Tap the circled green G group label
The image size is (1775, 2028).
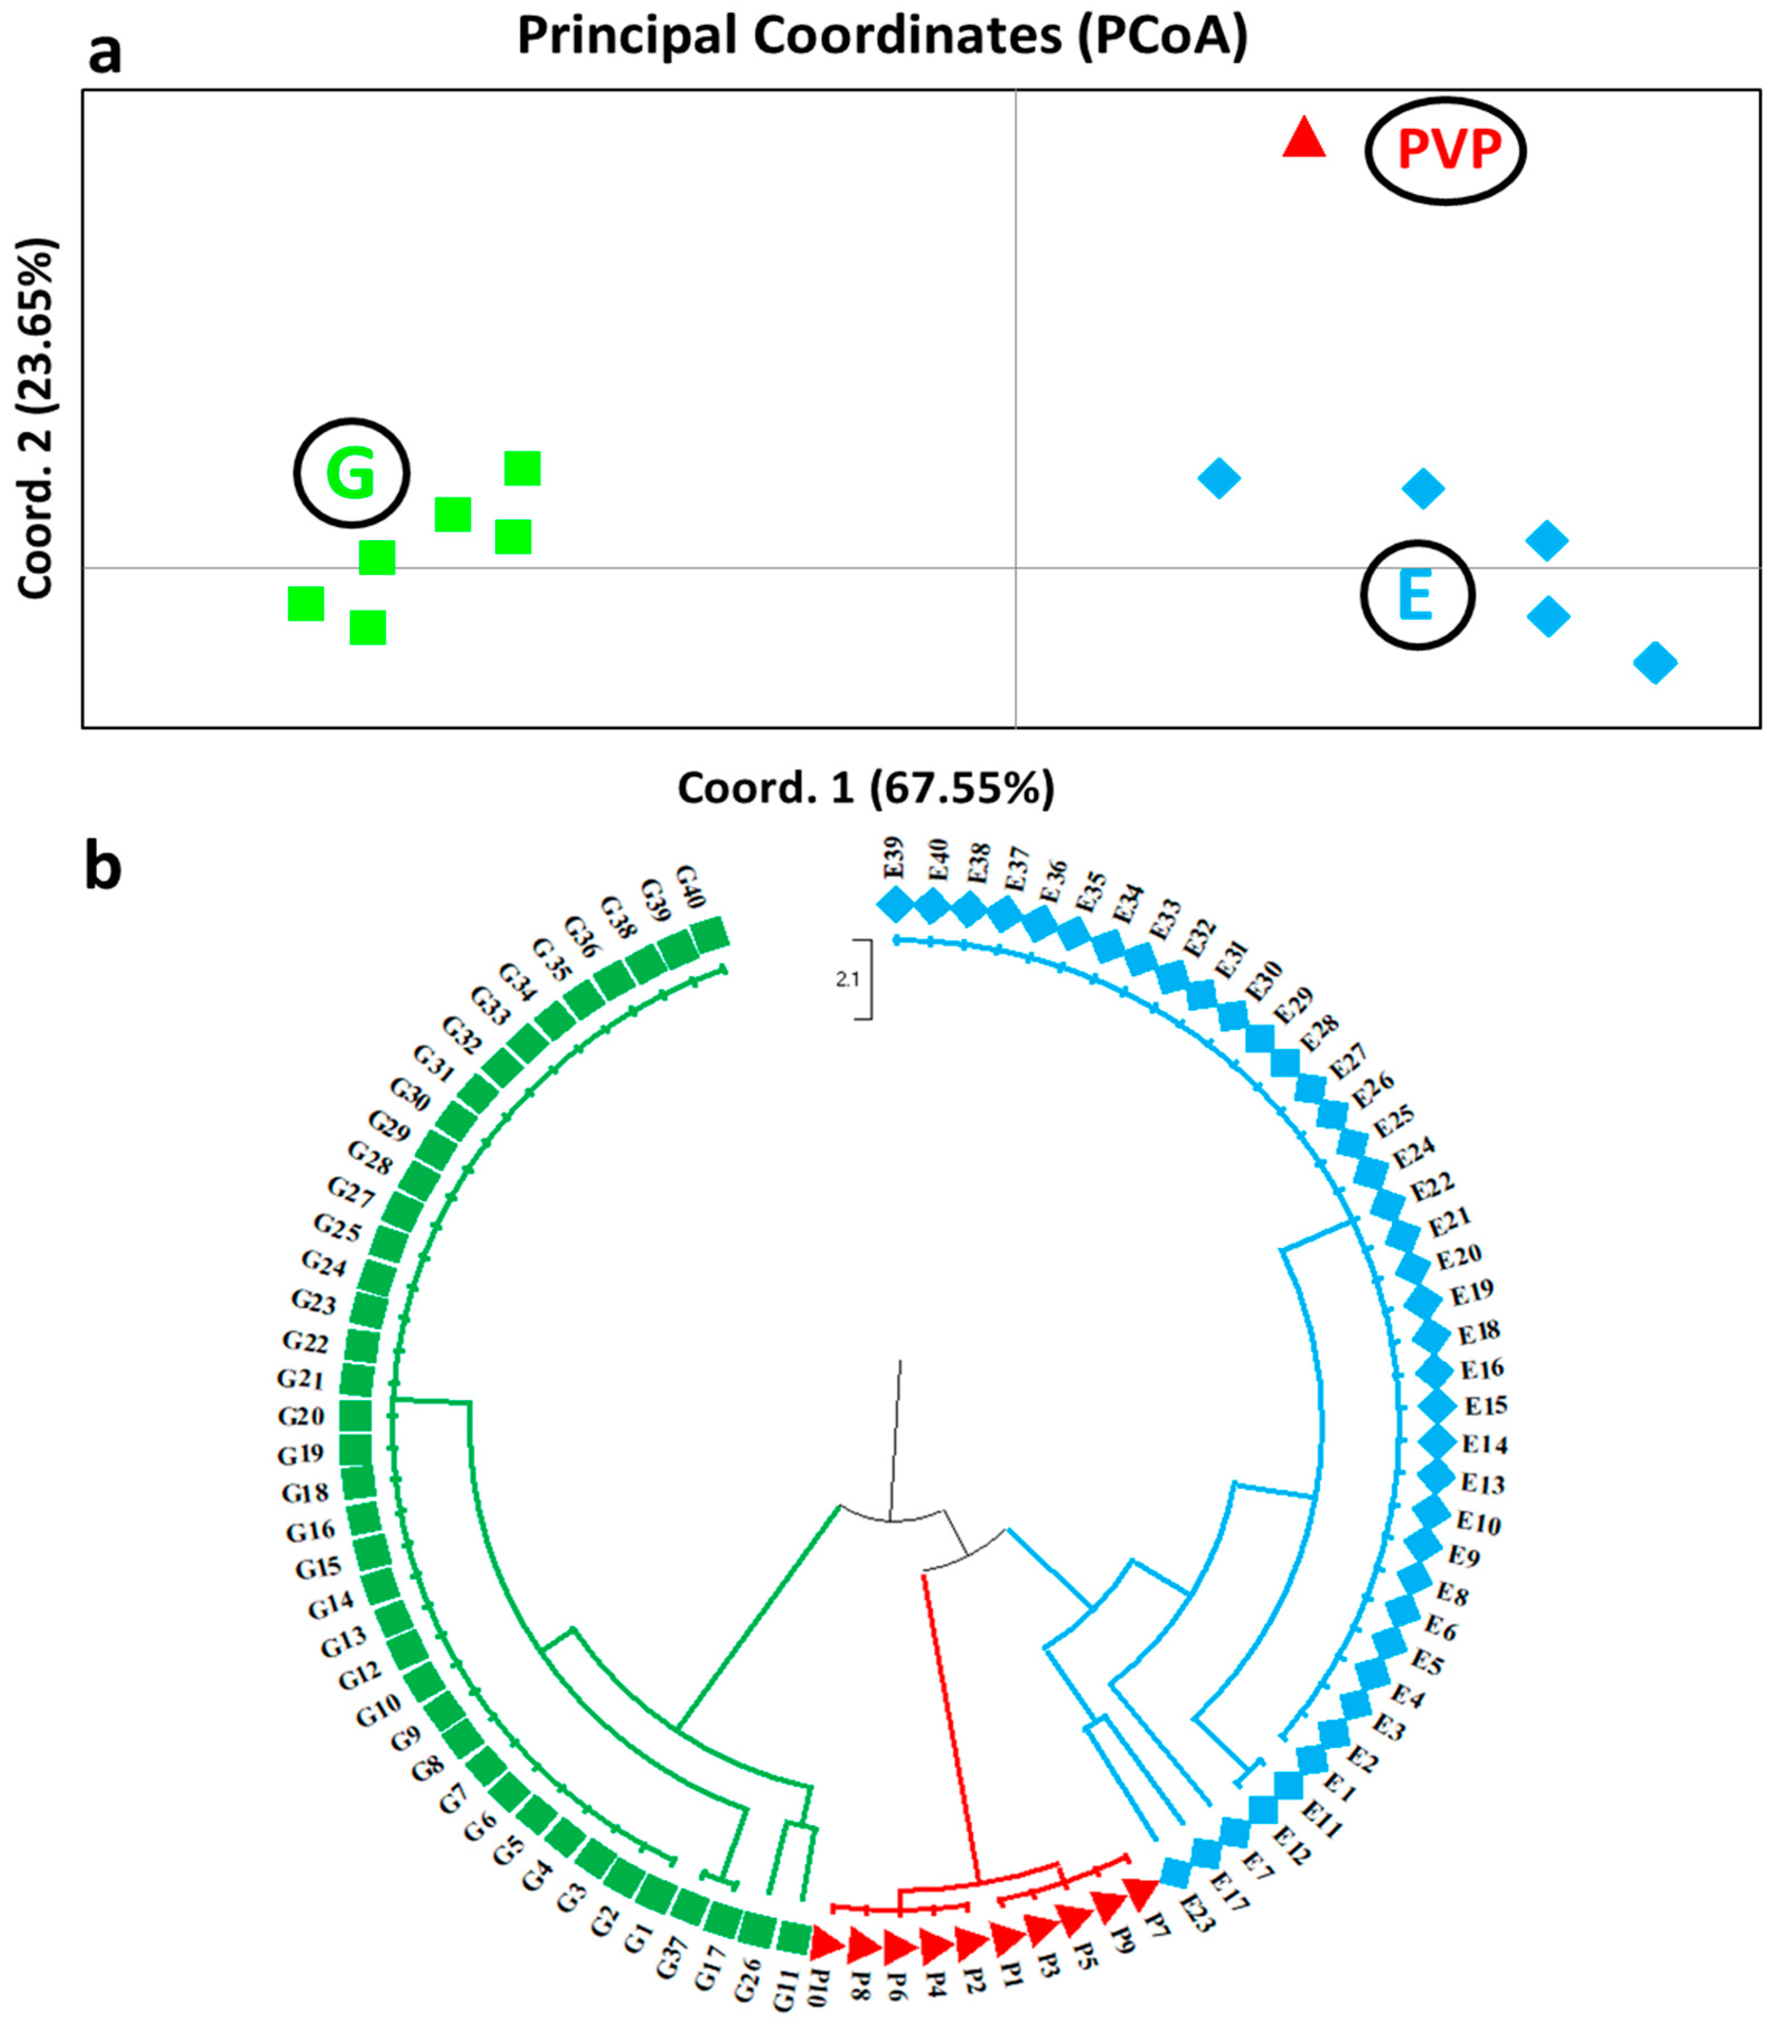(351, 474)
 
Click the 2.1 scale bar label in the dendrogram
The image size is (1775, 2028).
(847, 980)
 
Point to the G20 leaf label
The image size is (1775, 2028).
(300, 1416)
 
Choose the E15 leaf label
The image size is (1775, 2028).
(1486, 1405)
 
